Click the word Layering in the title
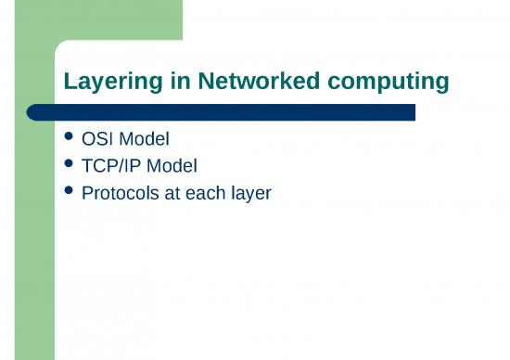coord(104,83)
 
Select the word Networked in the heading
coord(229,83)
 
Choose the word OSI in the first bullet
coord(97,142)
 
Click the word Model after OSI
coord(144,142)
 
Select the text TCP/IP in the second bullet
coord(113,168)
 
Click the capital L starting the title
coord(70,83)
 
